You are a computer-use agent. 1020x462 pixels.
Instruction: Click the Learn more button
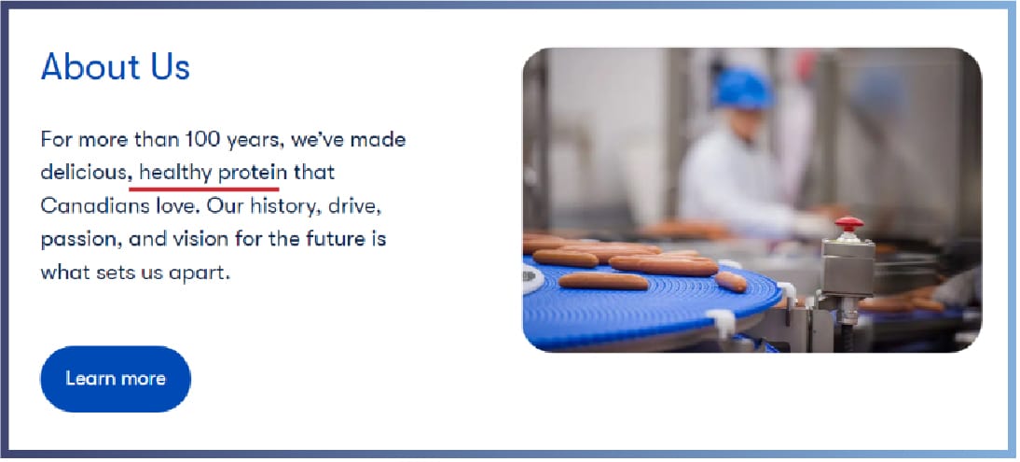click(116, 379)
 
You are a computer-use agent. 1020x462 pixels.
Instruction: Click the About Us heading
click(115, 66)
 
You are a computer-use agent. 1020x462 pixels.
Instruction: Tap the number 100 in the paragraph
click(201, 139)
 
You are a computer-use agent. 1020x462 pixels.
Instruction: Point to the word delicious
click(83, 173)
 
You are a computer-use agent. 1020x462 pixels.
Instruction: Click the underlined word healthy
click(175, 174)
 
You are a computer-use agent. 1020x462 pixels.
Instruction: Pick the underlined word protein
click(253, 174)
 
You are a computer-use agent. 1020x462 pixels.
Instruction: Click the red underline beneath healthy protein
click(204, 189)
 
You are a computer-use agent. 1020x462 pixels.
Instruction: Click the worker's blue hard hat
click(743, 88)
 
